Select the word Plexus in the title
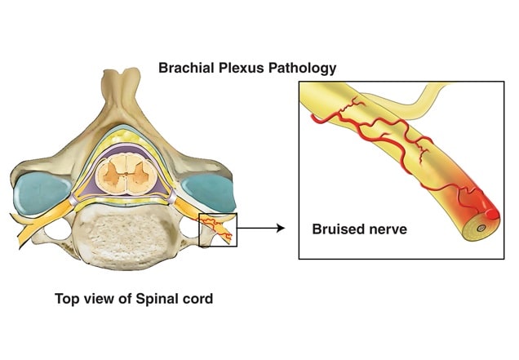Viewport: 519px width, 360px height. pos(242,69)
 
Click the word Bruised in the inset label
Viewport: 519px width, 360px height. pos(340,229)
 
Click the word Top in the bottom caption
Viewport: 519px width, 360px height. pos(68,299)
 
